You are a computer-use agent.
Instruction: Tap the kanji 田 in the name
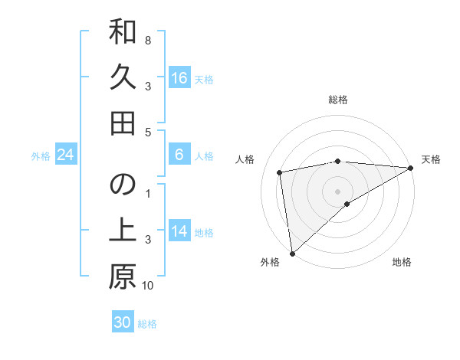pyautogui.click(x=123, y=123)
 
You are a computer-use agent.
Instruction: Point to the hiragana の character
pyautogui.click(x=123, y=186)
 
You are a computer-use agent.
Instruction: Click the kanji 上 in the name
pyautogui.click(x=123, y=231)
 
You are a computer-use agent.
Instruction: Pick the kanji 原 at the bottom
pyautogui.click(x=123, y=277)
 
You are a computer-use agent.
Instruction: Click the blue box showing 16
pyautogui.click(x=179, y=78)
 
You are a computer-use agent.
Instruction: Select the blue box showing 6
pyautogui.click(x=179, y=155)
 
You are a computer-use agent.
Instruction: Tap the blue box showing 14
pyautogui.click(x=179, y=232)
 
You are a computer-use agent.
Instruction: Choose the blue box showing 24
pyautogui.click(x=65, y=155)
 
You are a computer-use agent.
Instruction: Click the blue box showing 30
pyautogui.click(x=123, y=323)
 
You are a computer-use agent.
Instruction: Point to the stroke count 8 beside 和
pyautogui.click(x=148, y=40)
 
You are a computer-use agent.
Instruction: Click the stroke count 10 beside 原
pyautogui.click(x=148, y=286)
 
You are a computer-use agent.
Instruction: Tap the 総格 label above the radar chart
pyautogui.click(x=338, y=100)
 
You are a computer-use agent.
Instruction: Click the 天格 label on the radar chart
pyautogui.click(x=432, y=159)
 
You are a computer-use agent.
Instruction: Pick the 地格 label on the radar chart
pyautogui.click(x=402, y=262)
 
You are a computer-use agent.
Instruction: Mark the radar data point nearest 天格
pyautogui.click(x=411, y=168)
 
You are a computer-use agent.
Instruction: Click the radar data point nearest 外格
pyautogui.click(x=292, y=253)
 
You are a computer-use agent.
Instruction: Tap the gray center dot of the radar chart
pyautogui.click(x=338, y=191)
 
